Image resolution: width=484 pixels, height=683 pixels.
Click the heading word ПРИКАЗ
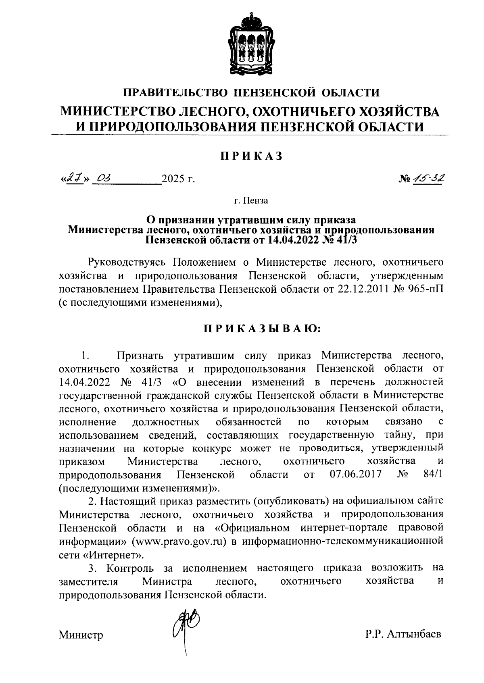point(250,156)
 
